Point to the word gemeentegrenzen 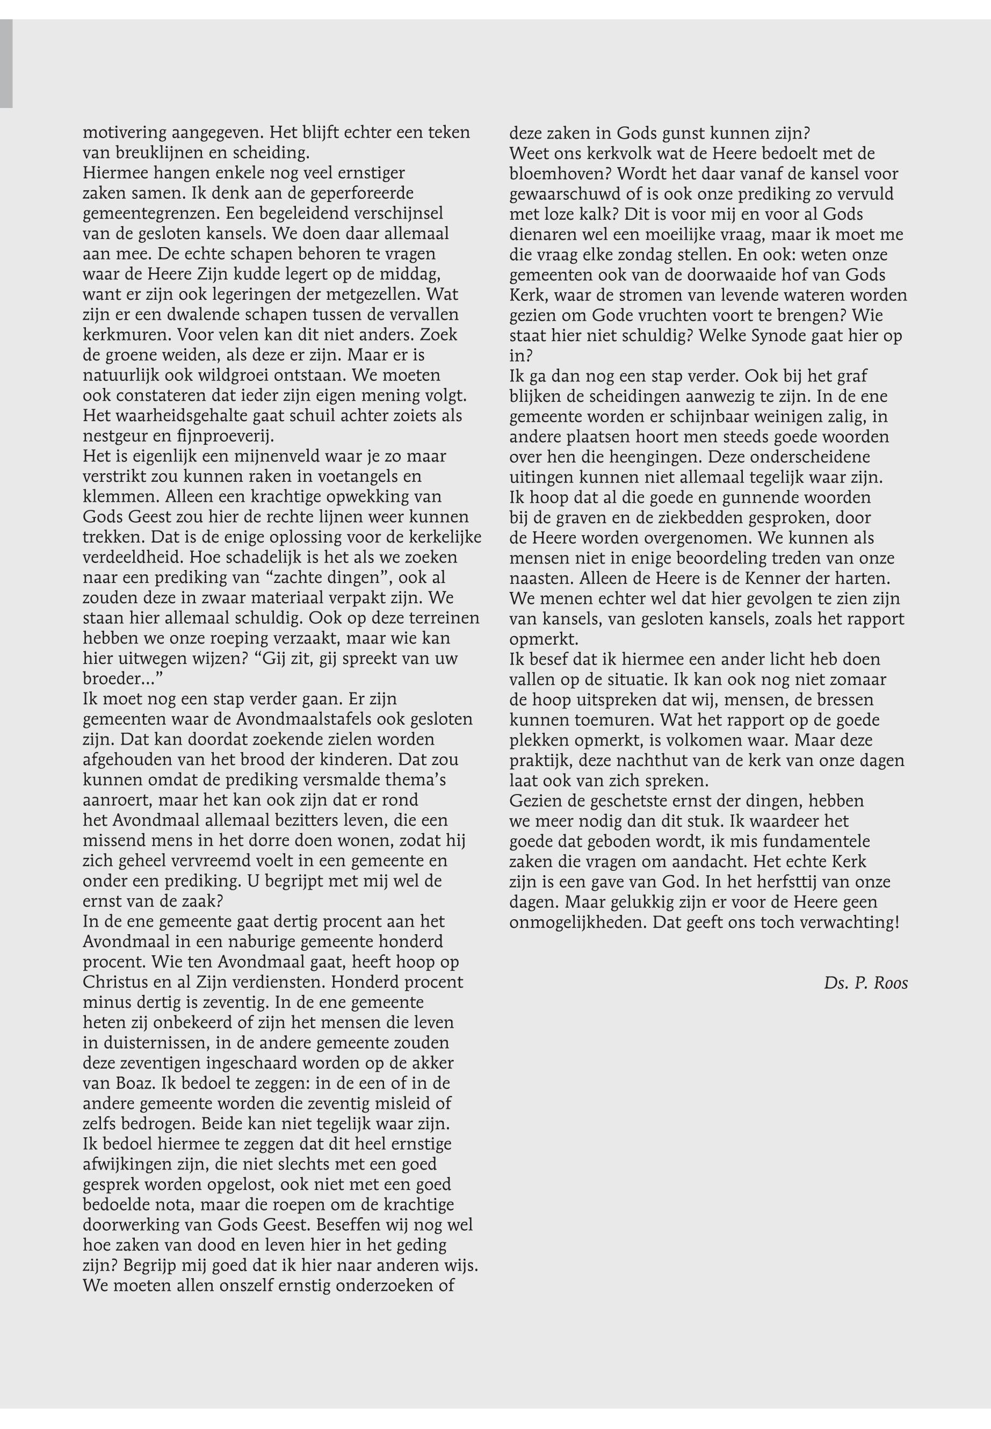pyautogui.click(x=151, y=214)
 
